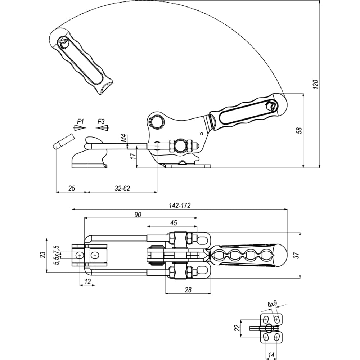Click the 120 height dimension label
(x=316, y=85)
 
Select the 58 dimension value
(x=300, y=130)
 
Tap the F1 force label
(x=81, y=121)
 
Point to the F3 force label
(x=101, y=121)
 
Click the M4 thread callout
(x=124, y=139)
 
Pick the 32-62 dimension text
(x=122, y=188)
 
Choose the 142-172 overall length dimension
(x=180, y=206)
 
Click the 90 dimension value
(x=138, y=215)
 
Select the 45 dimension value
(x=174, y=223)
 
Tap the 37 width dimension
(x=297, y=255)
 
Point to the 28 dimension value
(x=188, y=290)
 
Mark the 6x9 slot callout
(x=272, y=304)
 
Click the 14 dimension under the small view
(x=271, y=355)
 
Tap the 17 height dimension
(x=133, y=156)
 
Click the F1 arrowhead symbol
(x=80, y=128)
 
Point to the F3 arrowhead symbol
(x=103, y=128)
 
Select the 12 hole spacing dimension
(x=87, y=281)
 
